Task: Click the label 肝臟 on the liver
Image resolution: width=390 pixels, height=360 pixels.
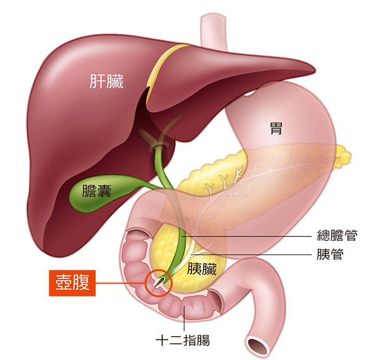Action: coord(107,81)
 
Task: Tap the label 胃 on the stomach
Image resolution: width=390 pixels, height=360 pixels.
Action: coord(276,128)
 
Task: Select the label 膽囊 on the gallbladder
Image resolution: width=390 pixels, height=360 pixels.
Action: coord(97,191)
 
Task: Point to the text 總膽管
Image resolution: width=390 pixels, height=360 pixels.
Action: coord(337,235)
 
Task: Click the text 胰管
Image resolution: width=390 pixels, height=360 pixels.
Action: coord(330,254)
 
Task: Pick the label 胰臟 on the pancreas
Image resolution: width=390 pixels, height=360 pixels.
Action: coord(202,269)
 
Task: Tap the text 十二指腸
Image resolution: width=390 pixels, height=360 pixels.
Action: coord(183,340)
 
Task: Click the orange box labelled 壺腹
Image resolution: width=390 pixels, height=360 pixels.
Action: coord(72,283)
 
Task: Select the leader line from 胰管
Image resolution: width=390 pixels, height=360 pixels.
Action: coord(251,255)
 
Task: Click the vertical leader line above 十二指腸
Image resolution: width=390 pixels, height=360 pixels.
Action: coord(184,318)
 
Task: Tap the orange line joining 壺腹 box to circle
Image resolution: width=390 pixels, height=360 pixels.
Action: coord(121,283)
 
